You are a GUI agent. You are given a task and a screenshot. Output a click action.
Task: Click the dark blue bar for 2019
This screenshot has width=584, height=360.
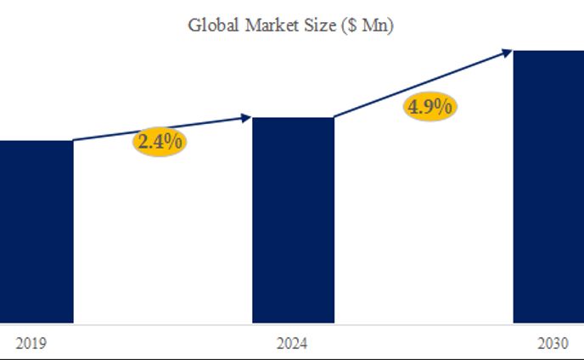tap(36, 231)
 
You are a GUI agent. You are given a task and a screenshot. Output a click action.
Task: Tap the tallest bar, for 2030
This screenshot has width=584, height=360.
tap(548, 187)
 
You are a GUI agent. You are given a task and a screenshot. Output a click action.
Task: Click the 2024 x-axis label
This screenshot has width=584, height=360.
tap(292, 344)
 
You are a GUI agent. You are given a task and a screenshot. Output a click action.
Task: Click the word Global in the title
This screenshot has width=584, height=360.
tap(213, 25)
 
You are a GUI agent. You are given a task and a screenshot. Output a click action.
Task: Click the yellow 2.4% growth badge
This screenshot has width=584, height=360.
tap(160, 141)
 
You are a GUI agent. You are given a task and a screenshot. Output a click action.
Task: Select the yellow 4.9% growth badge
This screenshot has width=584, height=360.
tap(430, 107)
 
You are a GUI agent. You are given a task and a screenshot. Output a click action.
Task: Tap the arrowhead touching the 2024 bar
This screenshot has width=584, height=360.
tap(247, 118)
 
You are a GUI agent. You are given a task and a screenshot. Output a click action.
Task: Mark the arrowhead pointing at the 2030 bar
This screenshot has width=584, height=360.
tap(507, 52)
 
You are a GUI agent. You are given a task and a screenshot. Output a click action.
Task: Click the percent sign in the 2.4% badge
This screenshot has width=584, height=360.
tap(174, 141)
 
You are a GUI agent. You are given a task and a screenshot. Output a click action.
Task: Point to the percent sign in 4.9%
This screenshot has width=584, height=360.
tap(445, 107)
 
